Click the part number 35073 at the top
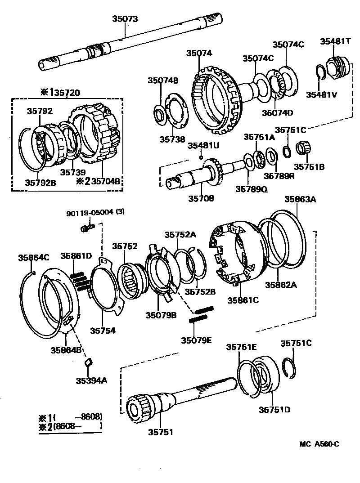125,19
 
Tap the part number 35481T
336,41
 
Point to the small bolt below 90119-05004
87,228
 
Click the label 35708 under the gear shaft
201,198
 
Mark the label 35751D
274,409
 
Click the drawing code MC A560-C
319,444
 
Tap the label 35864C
33,258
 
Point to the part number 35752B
200,291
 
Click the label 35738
172,139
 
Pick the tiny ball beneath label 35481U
202,157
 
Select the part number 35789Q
251,189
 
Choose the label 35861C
243,300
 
